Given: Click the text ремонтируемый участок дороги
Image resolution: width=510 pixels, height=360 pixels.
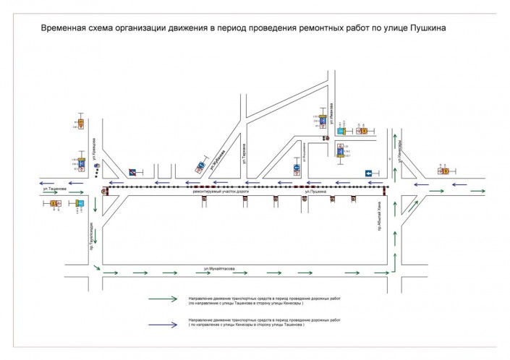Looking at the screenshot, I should pyautogui.click(x=216, y=191).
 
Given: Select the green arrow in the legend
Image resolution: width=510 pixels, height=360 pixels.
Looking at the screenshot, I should pyautogui.click(x=163, y=298).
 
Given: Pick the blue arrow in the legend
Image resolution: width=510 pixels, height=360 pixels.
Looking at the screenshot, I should pyautogui.click(x=163, y=324).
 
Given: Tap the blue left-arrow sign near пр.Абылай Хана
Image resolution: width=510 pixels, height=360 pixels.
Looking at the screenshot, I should pyautogui.click(x=368, y=173).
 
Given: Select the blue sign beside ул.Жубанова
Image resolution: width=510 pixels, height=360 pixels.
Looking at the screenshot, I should pyautogui.click(x=196, y=171).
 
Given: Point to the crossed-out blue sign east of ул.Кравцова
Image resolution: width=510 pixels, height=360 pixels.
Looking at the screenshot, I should pyautogui.click(x=132, y=171).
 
